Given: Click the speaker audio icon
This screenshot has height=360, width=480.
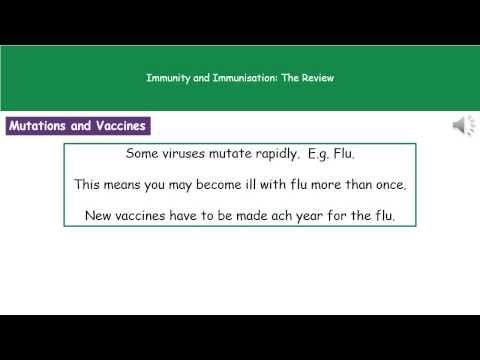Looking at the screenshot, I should point(463,126).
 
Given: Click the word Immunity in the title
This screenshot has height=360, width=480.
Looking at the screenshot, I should point(165,77).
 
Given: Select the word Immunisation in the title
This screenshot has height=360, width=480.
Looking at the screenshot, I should point(228,77).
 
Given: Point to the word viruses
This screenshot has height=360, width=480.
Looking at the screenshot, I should point(190,155).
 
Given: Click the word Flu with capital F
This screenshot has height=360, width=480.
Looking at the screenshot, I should point(370,155).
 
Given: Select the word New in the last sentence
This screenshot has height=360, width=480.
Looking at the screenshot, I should point(101,215).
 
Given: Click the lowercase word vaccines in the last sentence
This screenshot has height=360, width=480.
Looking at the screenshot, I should point(152,215).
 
